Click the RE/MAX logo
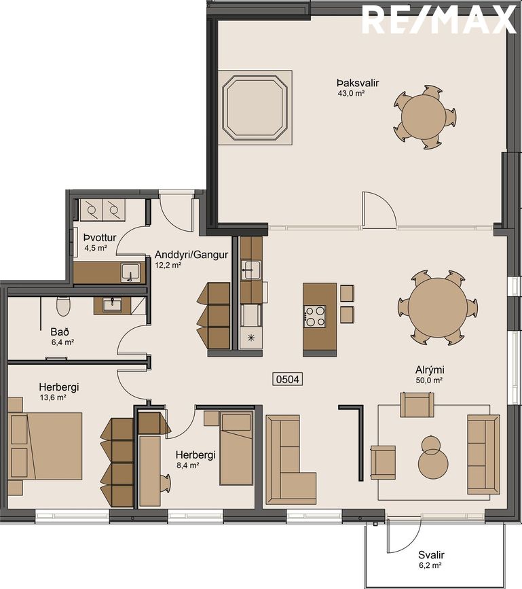(439, 20)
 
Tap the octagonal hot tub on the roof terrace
(255, 107)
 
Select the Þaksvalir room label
(358, 83)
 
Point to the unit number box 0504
(287, 379)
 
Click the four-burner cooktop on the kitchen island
(314, 316)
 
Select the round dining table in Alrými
(438, 308)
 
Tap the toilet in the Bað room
(63, 306)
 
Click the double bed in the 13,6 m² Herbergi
(45, 446)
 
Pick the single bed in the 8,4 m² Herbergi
(236, 448)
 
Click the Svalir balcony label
(432, 555)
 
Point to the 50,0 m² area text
(430, 380)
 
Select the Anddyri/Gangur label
(191, 255)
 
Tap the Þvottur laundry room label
(100, 238)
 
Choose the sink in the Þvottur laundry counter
(130, 272)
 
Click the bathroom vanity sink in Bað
(112, 304)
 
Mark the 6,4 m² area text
(62, 342)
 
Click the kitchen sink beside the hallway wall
(250, 270)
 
